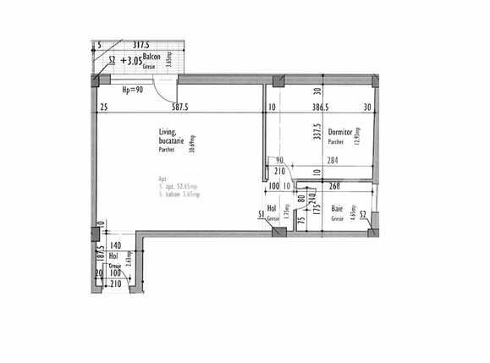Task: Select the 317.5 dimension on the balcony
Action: [x=141, y=46]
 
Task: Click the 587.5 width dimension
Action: [x=179, y=107]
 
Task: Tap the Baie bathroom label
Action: [x=337, y=208]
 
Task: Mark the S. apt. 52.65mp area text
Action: [x=179, y=186]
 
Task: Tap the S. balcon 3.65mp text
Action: [x=178, y=195]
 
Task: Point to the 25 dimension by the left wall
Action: [x=102, y=107]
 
